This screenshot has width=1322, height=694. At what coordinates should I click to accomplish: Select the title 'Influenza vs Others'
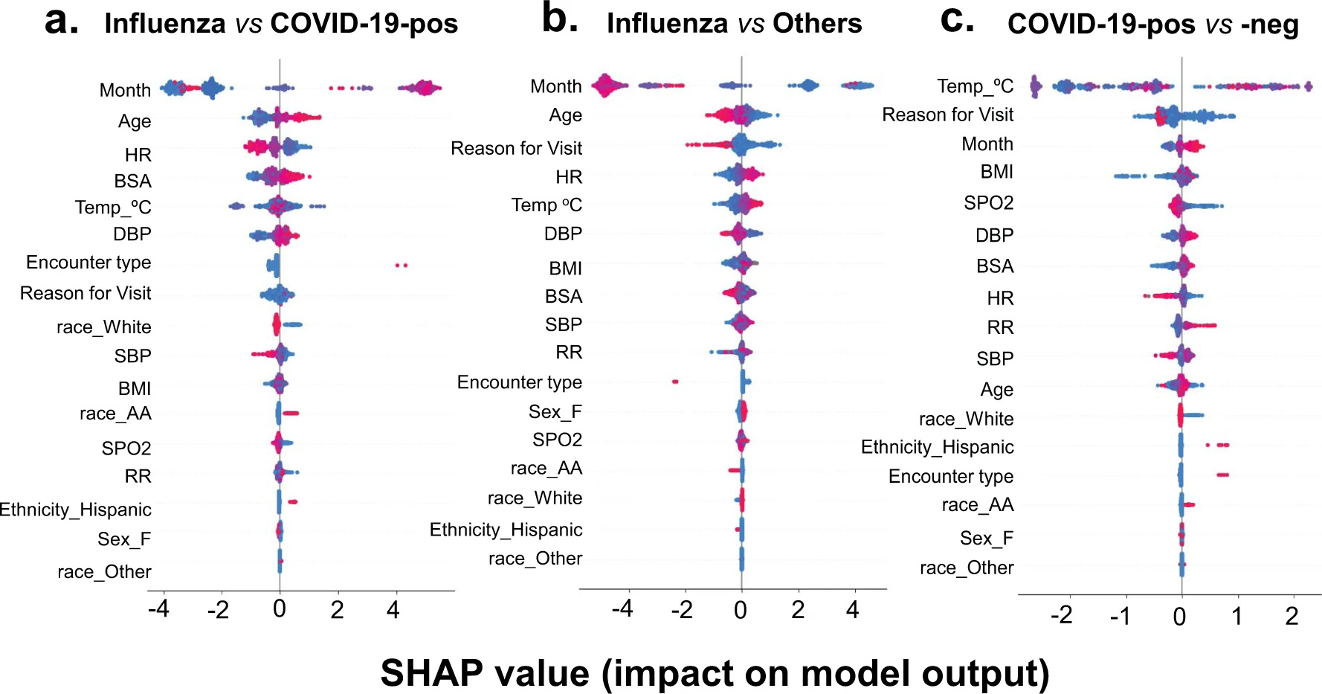tap(734, 24)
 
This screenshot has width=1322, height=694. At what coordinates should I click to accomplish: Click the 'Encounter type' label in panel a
tap(88, 263)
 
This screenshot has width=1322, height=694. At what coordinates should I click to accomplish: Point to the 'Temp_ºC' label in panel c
tap(975, 86)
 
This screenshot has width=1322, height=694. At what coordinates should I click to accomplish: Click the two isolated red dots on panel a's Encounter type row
tap(402, 265)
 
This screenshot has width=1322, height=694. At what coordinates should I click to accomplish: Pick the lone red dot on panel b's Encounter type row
tap(675, 382)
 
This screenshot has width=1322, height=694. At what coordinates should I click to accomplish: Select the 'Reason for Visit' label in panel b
tap(516, 148)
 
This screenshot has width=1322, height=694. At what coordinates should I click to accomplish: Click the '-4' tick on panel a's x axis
tap(158, 610)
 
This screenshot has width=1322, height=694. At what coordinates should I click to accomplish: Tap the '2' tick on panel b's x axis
tap(798, 610)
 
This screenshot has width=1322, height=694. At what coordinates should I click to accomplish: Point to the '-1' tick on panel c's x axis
tap(1120, 616)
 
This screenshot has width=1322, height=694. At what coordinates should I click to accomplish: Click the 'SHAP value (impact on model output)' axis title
tap(715, 672)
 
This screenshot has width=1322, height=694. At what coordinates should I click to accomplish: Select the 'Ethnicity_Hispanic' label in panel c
tap(937, 447)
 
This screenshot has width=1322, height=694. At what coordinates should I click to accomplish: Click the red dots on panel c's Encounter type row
tap(1222, 475)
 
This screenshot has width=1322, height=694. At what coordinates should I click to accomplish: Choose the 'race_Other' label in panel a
tap(104, 572)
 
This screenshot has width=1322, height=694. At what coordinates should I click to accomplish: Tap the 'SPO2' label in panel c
tap(988, 203)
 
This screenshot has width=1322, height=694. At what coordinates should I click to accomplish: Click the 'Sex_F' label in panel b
tap(555, 412)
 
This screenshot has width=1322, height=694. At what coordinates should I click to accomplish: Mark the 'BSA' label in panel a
tap(132, 181)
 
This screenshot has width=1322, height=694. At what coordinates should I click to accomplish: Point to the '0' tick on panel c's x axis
tap(1179, 616)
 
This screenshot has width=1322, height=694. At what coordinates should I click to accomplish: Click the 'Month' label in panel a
tap(125, 90)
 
